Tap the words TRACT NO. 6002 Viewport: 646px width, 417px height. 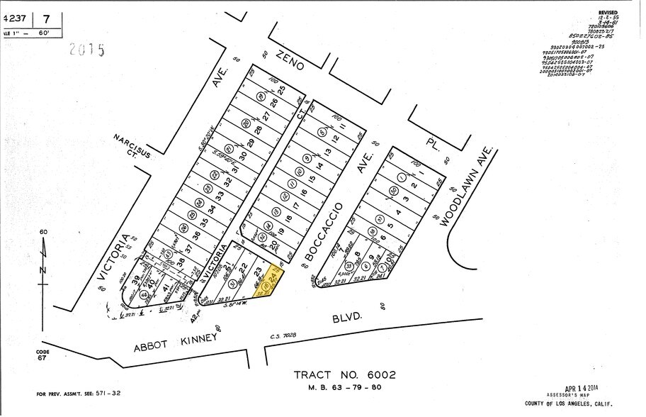coord(345,374)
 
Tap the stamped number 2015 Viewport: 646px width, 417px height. coord(86,50)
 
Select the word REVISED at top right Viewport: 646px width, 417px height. coord(608,13)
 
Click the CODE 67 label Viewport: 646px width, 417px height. coord(43,354)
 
